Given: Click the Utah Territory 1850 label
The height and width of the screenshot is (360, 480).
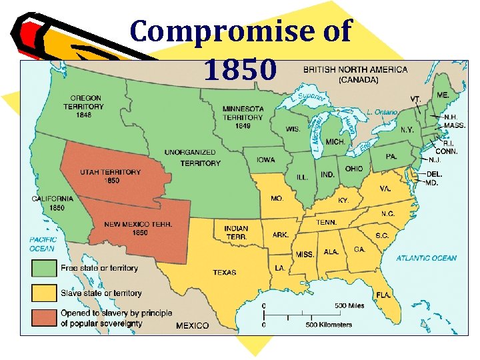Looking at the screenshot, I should [x=111, y=176].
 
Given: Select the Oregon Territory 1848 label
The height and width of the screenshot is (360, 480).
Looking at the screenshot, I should [x=83, y=107].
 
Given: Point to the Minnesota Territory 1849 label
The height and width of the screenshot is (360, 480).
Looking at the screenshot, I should [x=243, y=117].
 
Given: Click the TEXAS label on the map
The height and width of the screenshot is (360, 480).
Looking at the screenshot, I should [x=224, y=273].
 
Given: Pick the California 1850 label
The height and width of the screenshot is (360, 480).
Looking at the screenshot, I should [x=53, y=203].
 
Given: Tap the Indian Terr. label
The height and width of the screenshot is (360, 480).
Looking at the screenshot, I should [x=236, y=233].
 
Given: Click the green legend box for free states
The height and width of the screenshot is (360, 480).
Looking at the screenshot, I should [x=42, y=269].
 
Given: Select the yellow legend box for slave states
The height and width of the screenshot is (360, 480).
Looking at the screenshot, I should [x=42, y=293].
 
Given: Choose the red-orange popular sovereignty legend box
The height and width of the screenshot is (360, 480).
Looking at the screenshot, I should [x=42, y=317].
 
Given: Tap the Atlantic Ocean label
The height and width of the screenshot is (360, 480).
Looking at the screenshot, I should [x=426, y=258].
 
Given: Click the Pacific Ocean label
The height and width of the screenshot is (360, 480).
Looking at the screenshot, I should [x=42, y=244].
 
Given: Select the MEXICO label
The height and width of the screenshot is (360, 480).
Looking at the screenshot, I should [x=192, y=325].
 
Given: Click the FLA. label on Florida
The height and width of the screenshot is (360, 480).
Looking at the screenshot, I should [x=382, y=294].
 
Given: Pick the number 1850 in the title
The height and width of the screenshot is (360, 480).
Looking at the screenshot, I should [x=240, y=69].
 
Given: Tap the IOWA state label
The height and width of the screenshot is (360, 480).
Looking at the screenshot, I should [x=265, y=159].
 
